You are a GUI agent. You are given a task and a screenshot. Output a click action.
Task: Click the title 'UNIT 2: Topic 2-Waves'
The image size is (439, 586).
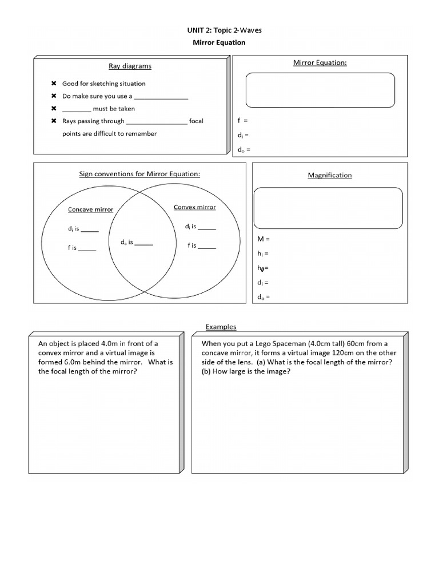[221, 30]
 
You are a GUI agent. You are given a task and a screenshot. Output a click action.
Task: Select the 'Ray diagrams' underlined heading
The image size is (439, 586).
[130, 66]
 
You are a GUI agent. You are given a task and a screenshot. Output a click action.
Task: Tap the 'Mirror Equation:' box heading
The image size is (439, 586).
[320, 62]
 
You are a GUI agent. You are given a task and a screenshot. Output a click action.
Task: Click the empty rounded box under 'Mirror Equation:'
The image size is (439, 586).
[320, 90]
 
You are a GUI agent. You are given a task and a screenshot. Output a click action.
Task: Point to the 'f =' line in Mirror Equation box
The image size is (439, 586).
[242, 121]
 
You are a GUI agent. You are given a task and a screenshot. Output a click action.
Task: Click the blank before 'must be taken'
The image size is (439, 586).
[76, 109]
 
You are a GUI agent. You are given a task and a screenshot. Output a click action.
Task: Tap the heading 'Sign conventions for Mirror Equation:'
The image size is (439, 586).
[139, 173]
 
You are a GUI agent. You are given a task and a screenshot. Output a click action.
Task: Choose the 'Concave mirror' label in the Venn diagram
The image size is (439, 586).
[90, 209]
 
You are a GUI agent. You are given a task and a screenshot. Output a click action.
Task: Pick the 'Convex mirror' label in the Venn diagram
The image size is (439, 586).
[194, 207]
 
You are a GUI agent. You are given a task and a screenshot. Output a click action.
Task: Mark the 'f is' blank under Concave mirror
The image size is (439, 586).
[87, 250]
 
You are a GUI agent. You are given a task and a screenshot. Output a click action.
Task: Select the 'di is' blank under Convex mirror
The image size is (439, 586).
[206, 227]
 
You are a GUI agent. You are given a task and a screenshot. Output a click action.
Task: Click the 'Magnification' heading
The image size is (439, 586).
[330, 175]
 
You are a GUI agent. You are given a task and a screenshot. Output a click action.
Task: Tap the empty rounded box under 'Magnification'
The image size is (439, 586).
[328, 207]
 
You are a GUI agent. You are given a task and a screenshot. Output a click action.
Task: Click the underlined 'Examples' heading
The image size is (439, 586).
[221, 327]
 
